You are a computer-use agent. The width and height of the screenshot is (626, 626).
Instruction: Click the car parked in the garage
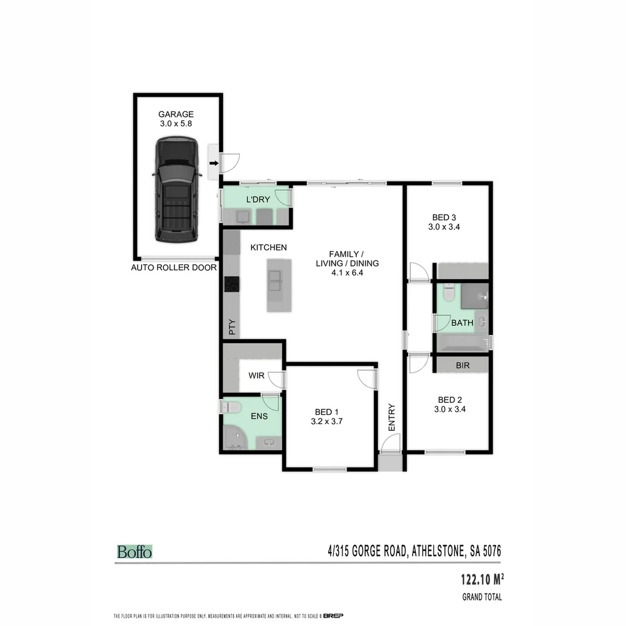point(176,189)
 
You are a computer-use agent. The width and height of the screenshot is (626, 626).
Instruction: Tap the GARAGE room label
point(176,114)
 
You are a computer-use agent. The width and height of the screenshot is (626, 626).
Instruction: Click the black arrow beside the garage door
point(214,163)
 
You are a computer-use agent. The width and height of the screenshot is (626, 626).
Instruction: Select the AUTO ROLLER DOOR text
point(174,268)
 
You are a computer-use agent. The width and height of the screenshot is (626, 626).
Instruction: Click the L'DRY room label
point(257,200)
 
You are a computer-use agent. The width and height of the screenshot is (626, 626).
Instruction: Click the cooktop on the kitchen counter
point(232,283)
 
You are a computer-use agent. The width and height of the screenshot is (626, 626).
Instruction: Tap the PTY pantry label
point(232,328)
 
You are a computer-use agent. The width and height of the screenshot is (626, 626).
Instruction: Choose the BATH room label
point(462,323)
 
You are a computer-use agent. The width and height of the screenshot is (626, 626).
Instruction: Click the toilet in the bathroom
point(448,293)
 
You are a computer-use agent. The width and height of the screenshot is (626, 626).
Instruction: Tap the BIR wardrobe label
point(463,366)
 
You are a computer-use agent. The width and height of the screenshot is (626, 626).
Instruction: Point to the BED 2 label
point(450,399)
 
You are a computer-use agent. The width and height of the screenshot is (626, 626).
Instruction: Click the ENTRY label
point(391,417)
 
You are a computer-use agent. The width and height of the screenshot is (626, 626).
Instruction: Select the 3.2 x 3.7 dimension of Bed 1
point(327,422)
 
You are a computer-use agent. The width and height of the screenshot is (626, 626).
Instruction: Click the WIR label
point(256,376)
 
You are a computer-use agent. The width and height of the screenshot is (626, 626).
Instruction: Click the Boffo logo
point(134,552)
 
